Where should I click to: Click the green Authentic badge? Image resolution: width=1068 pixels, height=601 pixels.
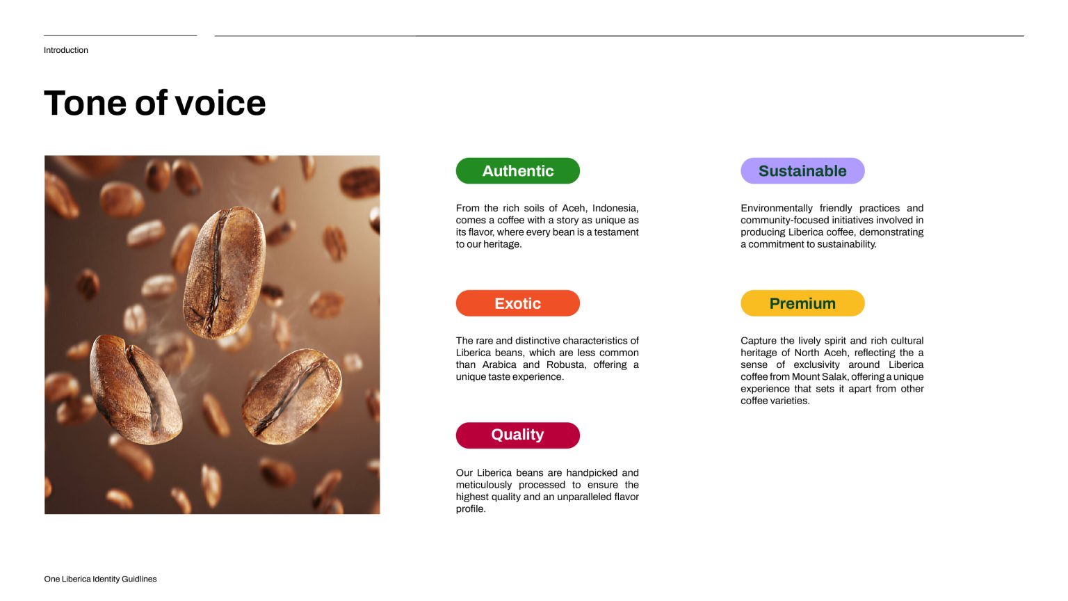[518, 170]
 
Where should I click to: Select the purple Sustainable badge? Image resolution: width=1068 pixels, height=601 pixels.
[802, 170]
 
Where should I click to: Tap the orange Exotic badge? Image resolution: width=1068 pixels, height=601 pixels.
[518, 303]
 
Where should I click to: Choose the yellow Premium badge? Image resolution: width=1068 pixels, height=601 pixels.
[802, 303]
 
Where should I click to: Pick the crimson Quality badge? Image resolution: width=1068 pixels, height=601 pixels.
[518, 435]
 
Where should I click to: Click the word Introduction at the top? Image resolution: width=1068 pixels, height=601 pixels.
[66, 50]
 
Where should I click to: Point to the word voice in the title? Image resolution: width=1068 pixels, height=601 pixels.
[220, 103]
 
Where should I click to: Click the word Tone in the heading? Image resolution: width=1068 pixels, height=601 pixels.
[86, 103]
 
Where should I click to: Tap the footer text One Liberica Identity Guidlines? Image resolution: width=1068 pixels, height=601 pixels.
[100, 579]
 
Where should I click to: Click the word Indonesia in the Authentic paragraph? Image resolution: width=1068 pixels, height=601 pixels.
[615, 209]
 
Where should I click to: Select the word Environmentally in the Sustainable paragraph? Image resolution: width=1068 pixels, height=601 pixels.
[777, 209]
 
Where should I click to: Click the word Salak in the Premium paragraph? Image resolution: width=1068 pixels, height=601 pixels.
[835, 377]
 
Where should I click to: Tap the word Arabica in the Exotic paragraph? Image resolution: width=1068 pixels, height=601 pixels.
[499, 365]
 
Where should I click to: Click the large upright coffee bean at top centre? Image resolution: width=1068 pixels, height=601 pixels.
[224, 273]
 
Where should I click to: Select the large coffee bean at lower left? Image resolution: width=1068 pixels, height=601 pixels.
[136, 390]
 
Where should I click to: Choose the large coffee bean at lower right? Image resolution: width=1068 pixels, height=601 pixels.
[292, 396]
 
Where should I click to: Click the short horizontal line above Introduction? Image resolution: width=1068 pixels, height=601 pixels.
[120, 35]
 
